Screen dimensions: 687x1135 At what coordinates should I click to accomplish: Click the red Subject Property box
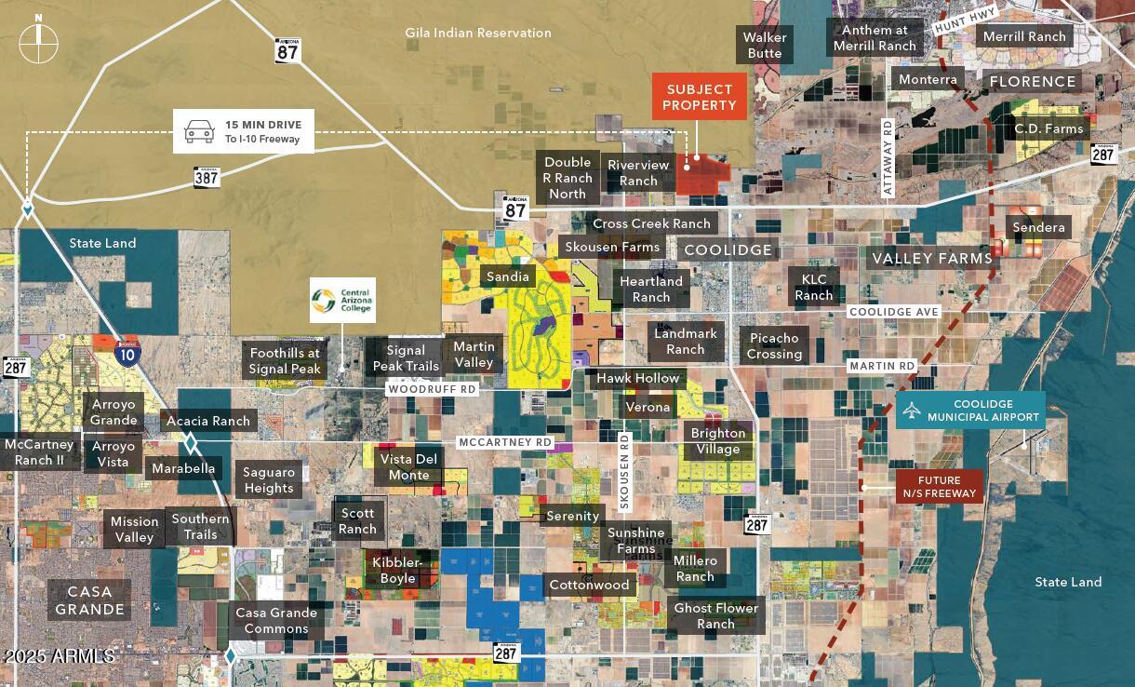click(x=699, y=98)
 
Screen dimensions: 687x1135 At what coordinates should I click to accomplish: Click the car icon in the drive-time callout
click(x=199, y=131)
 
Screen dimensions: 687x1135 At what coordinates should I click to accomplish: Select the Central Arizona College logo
click(x=342, y=300)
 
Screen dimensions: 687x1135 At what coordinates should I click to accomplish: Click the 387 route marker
click(x=207, y=176)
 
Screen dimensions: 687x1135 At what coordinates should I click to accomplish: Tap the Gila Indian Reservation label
click(x=478, y=33)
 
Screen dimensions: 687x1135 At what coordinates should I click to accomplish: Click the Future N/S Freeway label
click(x=939, y=487)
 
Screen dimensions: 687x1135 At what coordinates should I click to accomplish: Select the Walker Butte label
click(x=765, y=45)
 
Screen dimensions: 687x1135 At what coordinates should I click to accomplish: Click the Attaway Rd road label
click(x=888, y=157)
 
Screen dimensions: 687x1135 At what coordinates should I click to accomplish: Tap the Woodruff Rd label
click(x=432, y=389)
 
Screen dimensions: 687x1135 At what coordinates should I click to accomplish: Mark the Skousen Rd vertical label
click(x=624, y=471)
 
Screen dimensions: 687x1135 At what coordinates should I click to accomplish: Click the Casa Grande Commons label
click(x=276, y=620)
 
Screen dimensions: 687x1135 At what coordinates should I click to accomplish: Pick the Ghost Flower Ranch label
click(x=715, y=615)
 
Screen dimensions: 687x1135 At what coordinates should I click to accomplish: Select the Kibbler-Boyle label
click(x=397, y=571)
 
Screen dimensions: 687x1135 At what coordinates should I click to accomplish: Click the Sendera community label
click(x=1038, y=228)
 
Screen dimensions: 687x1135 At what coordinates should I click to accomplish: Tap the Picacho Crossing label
click(x=774, y=345)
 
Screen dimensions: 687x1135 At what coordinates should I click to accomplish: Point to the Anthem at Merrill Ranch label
click(x=875, y=38)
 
